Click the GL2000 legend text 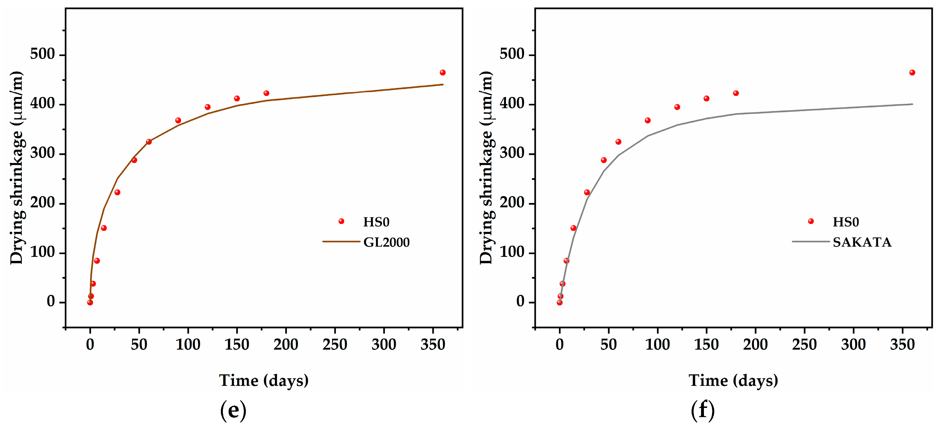point(386,242)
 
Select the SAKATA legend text point(862,242)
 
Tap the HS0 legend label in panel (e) point(376,222)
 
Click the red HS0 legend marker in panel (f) point(811,221)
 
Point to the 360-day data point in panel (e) point(443,73)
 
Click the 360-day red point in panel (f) point(912,73)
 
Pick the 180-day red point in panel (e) point(266,93)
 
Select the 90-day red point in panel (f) point(648,121)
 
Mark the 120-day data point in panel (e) point(208,107)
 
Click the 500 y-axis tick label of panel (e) point(42,54)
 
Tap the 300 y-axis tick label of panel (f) point(512,153)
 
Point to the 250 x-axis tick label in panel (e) point(335,344)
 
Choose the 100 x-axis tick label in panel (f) point(657,344)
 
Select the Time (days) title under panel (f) point(733,381)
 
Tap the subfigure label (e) point(233,411)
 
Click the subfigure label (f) point(702,411)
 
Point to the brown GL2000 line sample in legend point(341,242)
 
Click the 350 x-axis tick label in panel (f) point(902,344)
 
